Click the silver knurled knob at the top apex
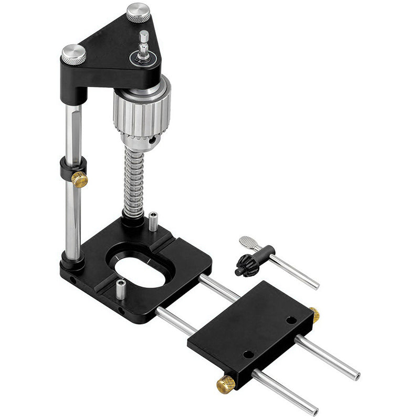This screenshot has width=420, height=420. [x=139, y=13]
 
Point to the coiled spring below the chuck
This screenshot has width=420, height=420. [x=134, y=178]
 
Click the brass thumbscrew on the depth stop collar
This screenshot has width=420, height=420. [x=80, y=180]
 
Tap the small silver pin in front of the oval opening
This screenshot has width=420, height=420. [x=121, y=289]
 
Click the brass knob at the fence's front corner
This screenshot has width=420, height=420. [x=227, y=384]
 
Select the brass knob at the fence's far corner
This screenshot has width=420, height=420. [x=314, y=314]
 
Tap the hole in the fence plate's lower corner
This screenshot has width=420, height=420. [x=248, y=354]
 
